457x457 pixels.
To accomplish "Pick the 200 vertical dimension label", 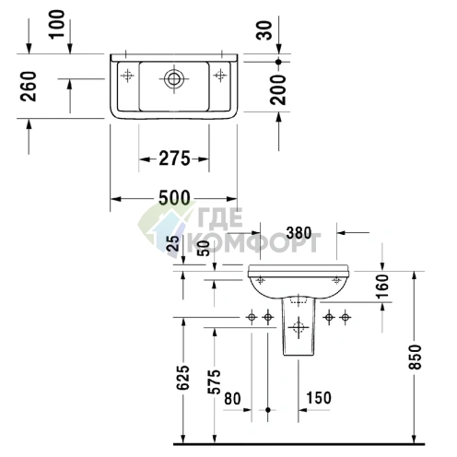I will pos(268,88).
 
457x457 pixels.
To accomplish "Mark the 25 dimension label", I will pos(172,244).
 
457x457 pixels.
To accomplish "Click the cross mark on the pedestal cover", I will pos(297,327).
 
